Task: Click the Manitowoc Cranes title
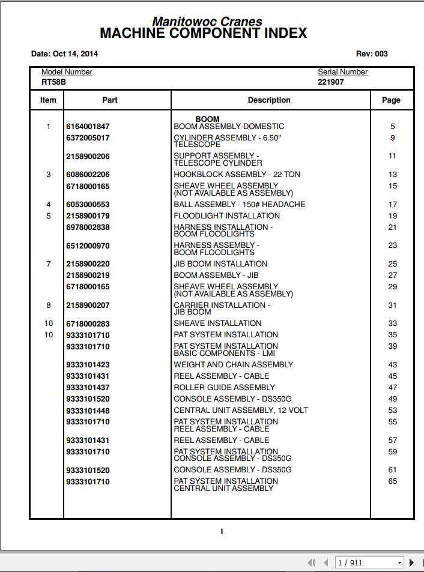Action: point(207,22)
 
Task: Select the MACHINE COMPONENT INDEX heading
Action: point(203,34)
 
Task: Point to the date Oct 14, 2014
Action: point(64,54)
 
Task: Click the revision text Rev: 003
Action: point(372,54)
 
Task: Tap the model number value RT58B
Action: point(53,82)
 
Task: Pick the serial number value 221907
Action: point(331,82)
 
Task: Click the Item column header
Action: point(48,100)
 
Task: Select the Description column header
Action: point(269,100)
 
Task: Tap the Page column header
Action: point(391,100)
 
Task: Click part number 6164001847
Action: point(88,127)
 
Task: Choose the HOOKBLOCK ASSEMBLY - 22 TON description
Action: point(237,175)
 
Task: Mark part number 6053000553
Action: point(88,205)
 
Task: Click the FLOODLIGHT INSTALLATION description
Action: point(226,216)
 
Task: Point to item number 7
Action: point(49,264)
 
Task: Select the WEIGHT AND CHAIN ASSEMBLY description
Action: point(233,365)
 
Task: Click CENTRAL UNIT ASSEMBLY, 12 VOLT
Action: point(241,411)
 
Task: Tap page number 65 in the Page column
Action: point(392,481)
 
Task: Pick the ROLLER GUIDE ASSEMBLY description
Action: point(224,388)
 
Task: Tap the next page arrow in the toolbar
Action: point(411,563)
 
